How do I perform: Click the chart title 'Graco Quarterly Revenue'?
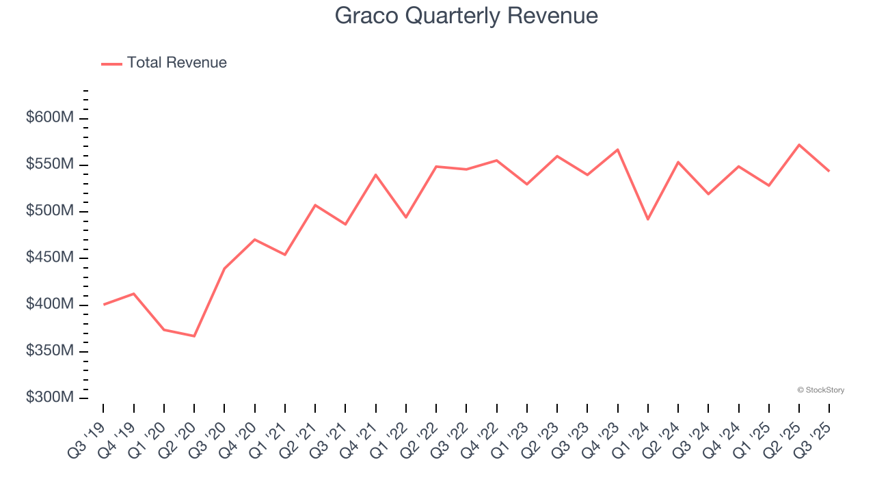pos(466,16)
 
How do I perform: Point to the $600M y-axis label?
pos(50,118)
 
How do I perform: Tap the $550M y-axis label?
pos(50,165)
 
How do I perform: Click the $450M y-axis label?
pos(50,258)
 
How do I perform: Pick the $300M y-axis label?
pos(50,398)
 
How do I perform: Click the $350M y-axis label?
pos(50,351)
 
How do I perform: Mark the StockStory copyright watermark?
pos(820,390)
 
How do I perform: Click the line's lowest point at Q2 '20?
pos(194,336)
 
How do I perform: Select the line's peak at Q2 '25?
pos(799,145)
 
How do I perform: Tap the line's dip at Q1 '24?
pos(647,219)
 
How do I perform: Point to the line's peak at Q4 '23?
pos(617,150)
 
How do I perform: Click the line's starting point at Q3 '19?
pos(103,304)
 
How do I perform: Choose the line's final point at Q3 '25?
pos(829,171)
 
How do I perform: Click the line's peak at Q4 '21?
pos(375,174)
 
